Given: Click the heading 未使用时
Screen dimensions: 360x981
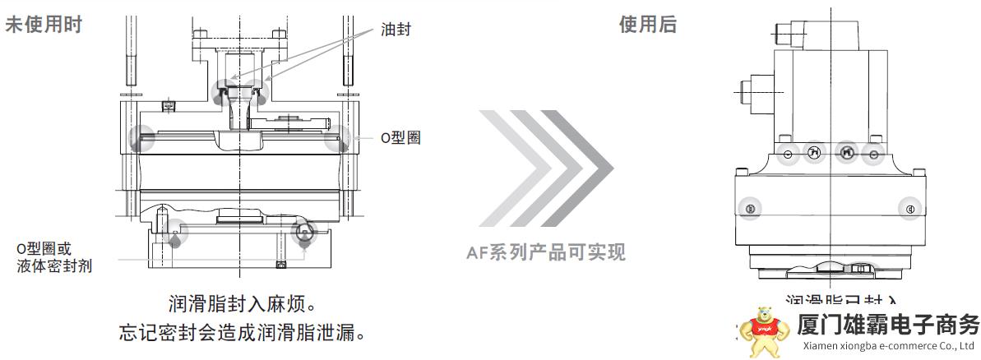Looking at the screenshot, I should tap(44, 25).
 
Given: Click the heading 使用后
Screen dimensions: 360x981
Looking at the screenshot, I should tap(647, 25).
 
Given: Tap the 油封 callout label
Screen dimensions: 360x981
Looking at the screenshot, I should tap(395, 30).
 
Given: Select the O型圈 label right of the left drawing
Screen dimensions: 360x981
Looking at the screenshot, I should tap(400, 137).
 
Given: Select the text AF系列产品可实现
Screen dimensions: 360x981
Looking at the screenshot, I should tap(546, 252).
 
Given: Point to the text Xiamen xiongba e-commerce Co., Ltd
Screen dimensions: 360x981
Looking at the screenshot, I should tap(888, 346).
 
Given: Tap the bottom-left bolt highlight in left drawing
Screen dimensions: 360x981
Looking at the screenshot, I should tap(174, 233).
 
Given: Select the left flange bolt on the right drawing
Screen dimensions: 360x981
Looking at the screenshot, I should tap(749, 209).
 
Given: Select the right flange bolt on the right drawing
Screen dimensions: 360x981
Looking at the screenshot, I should tap(909, 209).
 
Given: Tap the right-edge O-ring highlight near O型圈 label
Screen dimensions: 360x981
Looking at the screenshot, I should tap(336, 141).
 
